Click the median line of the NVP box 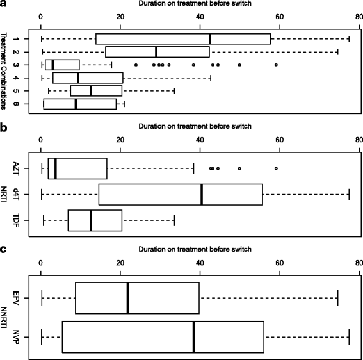coord(193,336)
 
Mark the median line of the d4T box coord(202,195)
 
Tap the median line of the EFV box coord(127,298)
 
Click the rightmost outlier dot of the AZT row coord(276,168)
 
